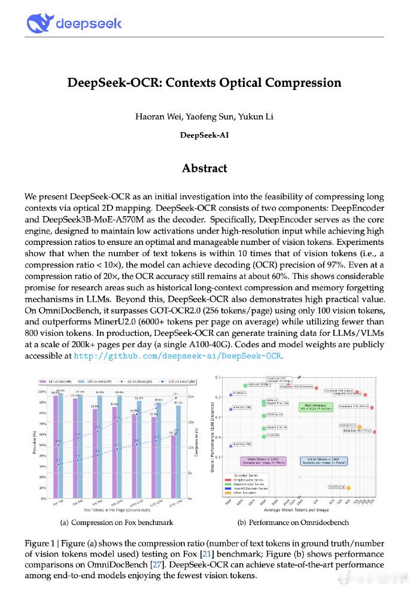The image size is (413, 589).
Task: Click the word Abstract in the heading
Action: [204, 168]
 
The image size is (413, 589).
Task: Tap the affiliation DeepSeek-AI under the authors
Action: [204, 135]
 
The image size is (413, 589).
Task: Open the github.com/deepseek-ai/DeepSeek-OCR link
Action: [177, 356]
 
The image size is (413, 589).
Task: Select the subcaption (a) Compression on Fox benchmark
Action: [117, 522]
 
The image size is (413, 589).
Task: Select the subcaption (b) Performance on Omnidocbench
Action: [293, 522]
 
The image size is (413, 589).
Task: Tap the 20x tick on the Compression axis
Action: [192, 396]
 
